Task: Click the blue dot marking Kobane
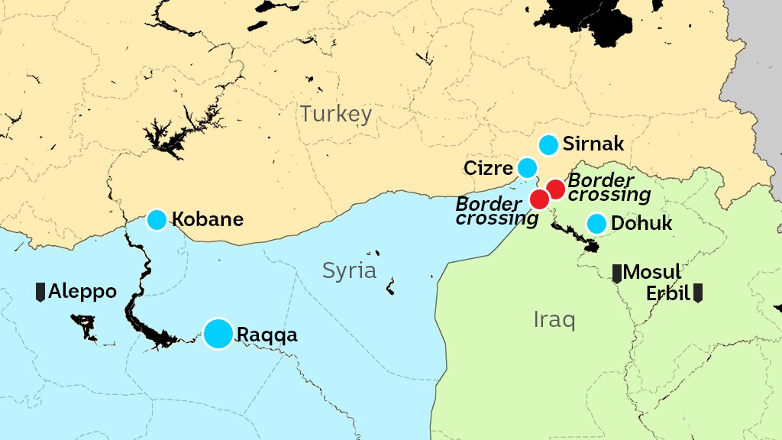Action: [x=157, y=220]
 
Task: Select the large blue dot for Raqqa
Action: [x=218, y=334]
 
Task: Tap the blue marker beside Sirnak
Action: [x=548, y=144]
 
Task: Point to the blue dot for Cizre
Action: [x=527, y=167]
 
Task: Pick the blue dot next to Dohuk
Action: [x=596, y=224]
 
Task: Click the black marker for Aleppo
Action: [x=40, y=291]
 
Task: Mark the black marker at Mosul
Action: [x=617, y=273]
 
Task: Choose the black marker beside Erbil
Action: [x=697, y=293]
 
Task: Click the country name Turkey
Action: [x=335, y=115]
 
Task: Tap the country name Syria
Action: [x=349, y=270]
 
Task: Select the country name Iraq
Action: [x=554, y=320]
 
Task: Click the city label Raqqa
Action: [x=267, y=335]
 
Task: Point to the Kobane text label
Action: [x=207, y=220]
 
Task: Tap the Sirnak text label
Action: [x=593, y=144]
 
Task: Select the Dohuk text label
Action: [x=641, y=224]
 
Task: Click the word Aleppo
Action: [x=82, y=292]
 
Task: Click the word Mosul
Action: [x=652, y=273]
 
